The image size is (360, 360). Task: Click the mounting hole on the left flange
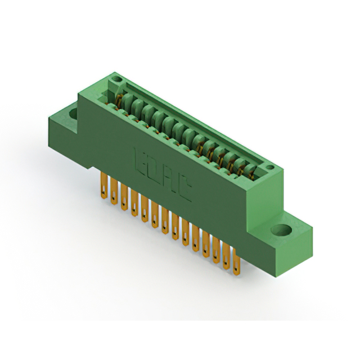(x=73, y=113)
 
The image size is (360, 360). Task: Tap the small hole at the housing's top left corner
(x=116, y=81)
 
